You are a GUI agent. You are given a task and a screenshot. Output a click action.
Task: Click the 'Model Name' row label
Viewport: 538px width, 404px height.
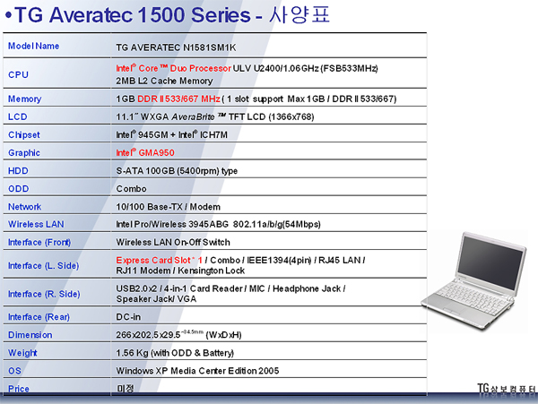click(x=34, y=46)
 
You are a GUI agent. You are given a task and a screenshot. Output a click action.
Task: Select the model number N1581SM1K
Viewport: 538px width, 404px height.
click(x=209, y=47)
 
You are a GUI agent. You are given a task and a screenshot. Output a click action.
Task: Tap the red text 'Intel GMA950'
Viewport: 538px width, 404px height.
click(x=145, y=152)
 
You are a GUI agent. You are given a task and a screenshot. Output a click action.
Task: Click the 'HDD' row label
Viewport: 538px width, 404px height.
click(x=18, y=170)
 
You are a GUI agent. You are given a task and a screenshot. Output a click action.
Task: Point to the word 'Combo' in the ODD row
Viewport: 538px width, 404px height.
click(x=132, y=189)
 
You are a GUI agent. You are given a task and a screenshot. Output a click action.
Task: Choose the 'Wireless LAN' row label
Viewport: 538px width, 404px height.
click(x=36, y=224)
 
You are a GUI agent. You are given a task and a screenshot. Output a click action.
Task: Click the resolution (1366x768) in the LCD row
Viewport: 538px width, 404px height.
click(x=291, y=116)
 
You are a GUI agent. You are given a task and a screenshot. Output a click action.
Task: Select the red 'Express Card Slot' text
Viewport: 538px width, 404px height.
click(x=153, y=260)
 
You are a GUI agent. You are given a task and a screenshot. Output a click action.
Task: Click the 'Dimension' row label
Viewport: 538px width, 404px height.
click(x=30, y=335)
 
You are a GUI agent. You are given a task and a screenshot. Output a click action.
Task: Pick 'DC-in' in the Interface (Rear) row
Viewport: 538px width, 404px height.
click(x=128, y=317)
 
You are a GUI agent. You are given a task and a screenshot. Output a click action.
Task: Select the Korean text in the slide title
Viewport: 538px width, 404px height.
click(x=299, y=15)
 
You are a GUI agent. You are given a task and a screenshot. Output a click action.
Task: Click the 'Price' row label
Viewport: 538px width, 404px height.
click(x=19, y=389)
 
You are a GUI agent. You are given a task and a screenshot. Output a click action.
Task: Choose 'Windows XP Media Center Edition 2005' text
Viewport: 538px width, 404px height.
click(x=197, y=371)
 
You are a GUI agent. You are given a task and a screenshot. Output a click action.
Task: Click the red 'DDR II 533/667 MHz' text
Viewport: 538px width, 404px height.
click(x=178, y=99)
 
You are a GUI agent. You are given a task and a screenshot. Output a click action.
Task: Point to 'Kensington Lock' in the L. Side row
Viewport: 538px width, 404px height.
click(x=211, y=271)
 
